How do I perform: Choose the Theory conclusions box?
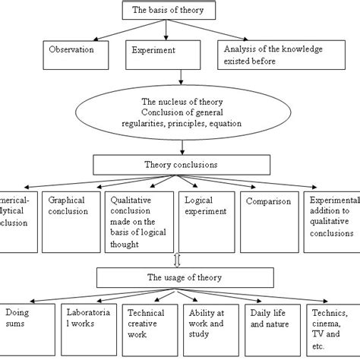point(179,163)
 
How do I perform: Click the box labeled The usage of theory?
point(180,277)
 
